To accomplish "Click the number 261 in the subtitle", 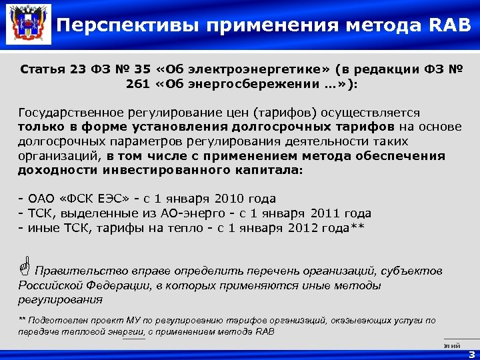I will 138,85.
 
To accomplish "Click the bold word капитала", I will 274,170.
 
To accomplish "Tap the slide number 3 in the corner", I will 471,354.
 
